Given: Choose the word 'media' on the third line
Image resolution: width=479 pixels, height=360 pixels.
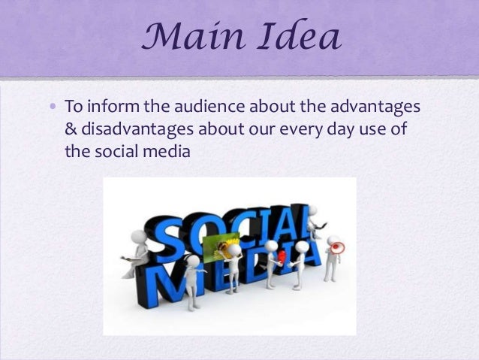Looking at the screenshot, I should [170, 151].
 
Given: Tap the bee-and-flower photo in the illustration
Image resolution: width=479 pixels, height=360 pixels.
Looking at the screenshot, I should [226, 246].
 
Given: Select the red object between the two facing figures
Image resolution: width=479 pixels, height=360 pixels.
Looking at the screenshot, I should [282, 257].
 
